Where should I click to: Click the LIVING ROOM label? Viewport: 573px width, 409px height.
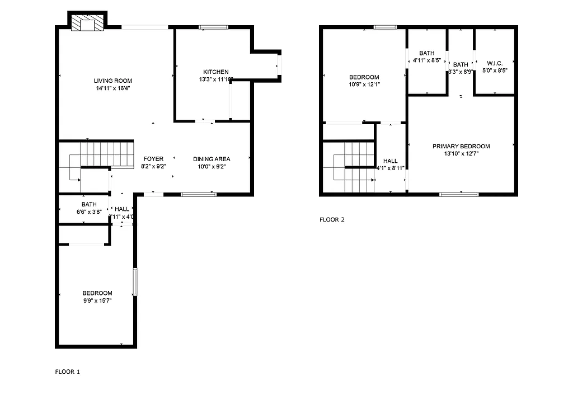click(113, 81)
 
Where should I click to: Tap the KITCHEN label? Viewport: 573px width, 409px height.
click(215, 72)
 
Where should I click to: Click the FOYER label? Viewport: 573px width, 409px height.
click(153, 159)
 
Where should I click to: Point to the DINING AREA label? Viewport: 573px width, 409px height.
click(212, 159)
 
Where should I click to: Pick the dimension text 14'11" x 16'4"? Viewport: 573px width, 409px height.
click(113, 88)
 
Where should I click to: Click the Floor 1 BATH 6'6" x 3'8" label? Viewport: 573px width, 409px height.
click(89, 204)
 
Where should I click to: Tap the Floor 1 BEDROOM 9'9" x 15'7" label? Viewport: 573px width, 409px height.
click(97, 293)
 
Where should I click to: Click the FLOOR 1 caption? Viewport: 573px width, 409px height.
click(68, 372)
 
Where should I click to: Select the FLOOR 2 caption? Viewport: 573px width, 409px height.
click(332, 220)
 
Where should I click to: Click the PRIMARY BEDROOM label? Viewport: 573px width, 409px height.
click(461, 147)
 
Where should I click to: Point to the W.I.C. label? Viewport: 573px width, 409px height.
click(495, 64)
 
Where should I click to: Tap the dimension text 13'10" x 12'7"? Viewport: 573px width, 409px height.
click(461, 153)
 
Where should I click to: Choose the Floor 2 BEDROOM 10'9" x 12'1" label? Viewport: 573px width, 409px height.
click(364, 78)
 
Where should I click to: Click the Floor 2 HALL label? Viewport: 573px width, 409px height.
click(391, 161)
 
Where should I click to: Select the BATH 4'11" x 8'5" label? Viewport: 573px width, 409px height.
click(427, 54)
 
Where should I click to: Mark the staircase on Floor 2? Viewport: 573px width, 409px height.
click(353, 167)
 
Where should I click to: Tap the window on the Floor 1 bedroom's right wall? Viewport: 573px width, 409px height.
click(134, 281)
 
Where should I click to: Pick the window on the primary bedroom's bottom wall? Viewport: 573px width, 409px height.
click(459, 195)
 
